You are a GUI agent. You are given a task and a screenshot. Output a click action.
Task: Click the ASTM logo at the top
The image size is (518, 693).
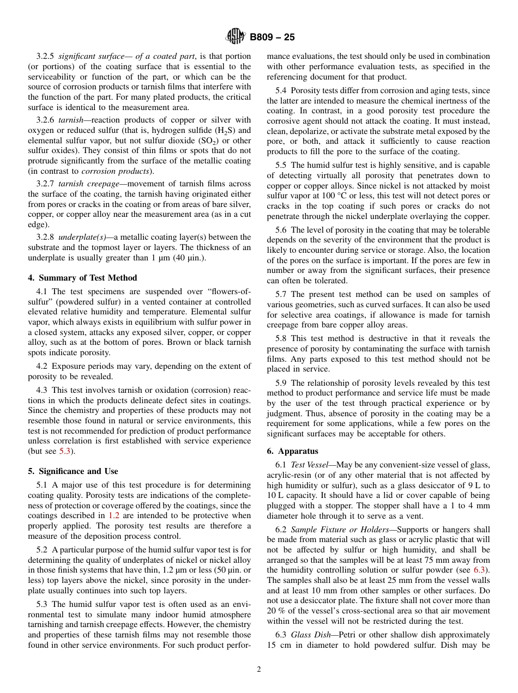pyautogui.click(x=236, y=37)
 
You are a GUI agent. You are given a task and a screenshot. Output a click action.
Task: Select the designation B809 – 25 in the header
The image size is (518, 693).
pyautogui.click(x=272, y=37)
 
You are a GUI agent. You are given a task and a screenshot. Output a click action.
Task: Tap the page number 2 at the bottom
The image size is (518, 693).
pyautogui.click(x=259, y=670)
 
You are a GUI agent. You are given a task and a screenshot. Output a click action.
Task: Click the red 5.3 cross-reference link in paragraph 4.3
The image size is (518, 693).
pyautogui.click(x=64, y=451)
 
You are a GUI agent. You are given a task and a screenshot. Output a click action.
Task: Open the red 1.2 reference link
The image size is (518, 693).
pyautogui.click(x=113, y=515)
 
